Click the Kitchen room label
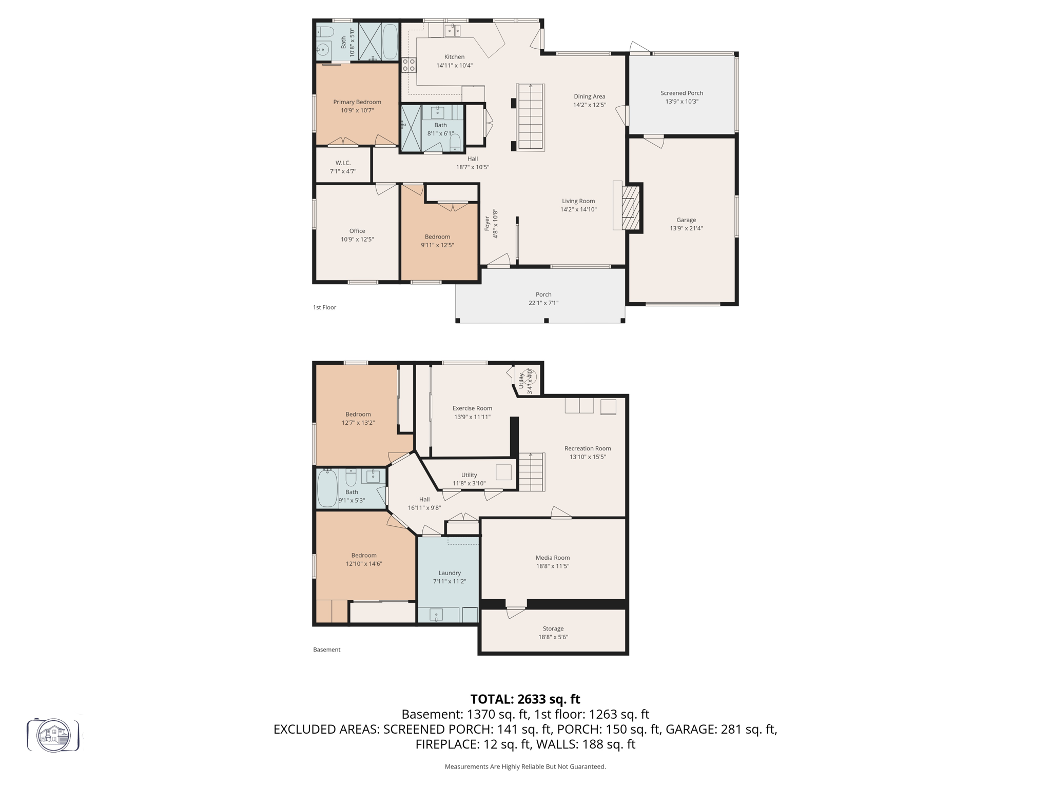[x=454, y=57]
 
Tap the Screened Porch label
[x=682, y=93]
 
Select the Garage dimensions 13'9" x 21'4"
[x=686, y=228]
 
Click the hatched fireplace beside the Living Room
[x=631, y=208]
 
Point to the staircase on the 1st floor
[x=531, y=117]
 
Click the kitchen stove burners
[x=408, y=65]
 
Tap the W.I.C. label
[x=343, y=163]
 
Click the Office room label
[x=357, y=231]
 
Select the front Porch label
[x=543, y=294]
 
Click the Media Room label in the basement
[x=553, y=558]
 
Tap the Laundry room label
[x=450, y=573]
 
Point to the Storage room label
[x=553, y=628]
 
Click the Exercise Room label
[x=472, y=408]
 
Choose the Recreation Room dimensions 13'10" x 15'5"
[x=588, y=457]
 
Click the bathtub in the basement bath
[x=327, y=488]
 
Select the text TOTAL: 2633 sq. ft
[x=525, y=699]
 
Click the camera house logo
[x=53, y=735]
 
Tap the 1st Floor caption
[x=324, y=307]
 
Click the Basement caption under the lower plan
[x=326, y=649]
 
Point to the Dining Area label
[x=589, y=96]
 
